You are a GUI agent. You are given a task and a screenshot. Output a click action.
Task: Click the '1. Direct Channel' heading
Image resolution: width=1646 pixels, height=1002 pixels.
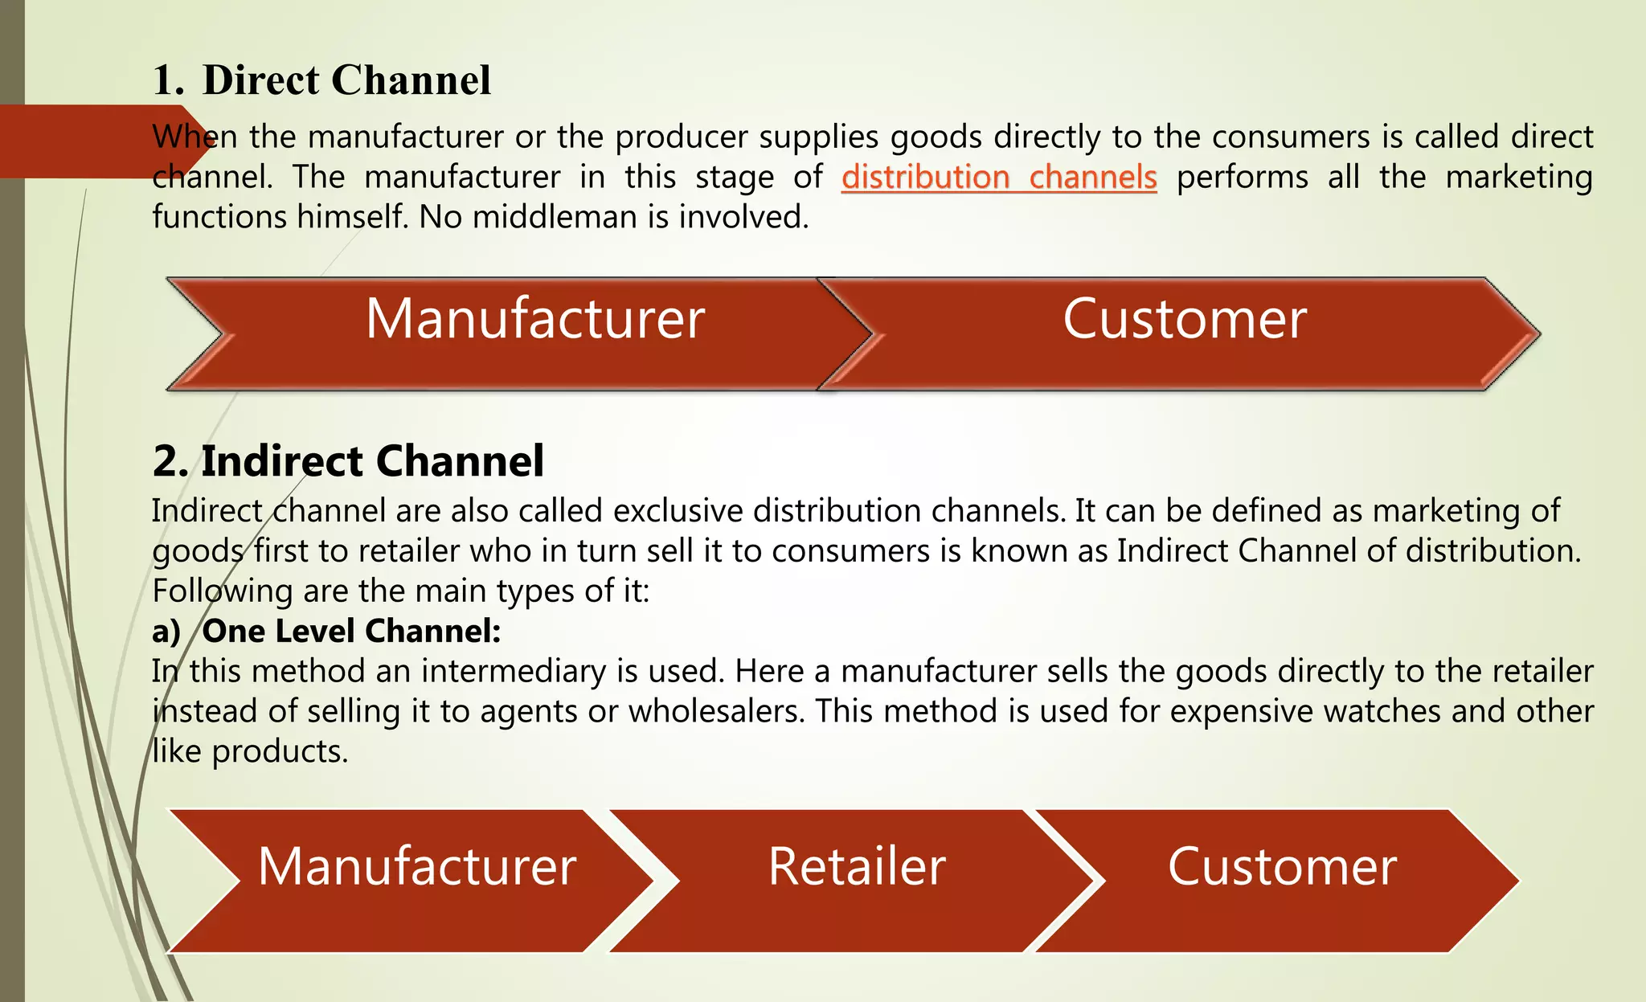click(321, 80)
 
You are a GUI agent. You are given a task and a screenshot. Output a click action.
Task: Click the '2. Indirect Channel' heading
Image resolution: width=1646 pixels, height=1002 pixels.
click(348, 461)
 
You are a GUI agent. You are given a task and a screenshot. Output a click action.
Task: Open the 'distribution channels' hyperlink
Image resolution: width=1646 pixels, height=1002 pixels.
click(999, 178)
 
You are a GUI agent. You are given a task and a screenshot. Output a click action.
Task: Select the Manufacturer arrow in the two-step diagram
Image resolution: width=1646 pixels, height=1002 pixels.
click(534, 320)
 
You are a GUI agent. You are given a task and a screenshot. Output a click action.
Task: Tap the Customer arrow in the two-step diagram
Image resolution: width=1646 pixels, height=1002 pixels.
click(1184, 320)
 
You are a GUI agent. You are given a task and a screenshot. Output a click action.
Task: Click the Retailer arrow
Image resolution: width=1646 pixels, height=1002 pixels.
click(856, 867)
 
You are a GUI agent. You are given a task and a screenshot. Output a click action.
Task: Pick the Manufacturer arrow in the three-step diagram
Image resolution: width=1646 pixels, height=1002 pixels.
click(416, 867)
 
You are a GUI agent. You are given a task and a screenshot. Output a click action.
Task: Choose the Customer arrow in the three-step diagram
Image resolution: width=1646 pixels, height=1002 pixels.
click(1282, 867)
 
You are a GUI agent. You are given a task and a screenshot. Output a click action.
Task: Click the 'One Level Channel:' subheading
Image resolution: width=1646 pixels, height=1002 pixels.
click(351, 632)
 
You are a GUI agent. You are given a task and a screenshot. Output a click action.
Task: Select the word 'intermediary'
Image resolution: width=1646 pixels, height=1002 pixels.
click(514, 672)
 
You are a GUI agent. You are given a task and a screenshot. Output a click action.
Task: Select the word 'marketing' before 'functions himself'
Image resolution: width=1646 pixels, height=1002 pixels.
click(1518, 178)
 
